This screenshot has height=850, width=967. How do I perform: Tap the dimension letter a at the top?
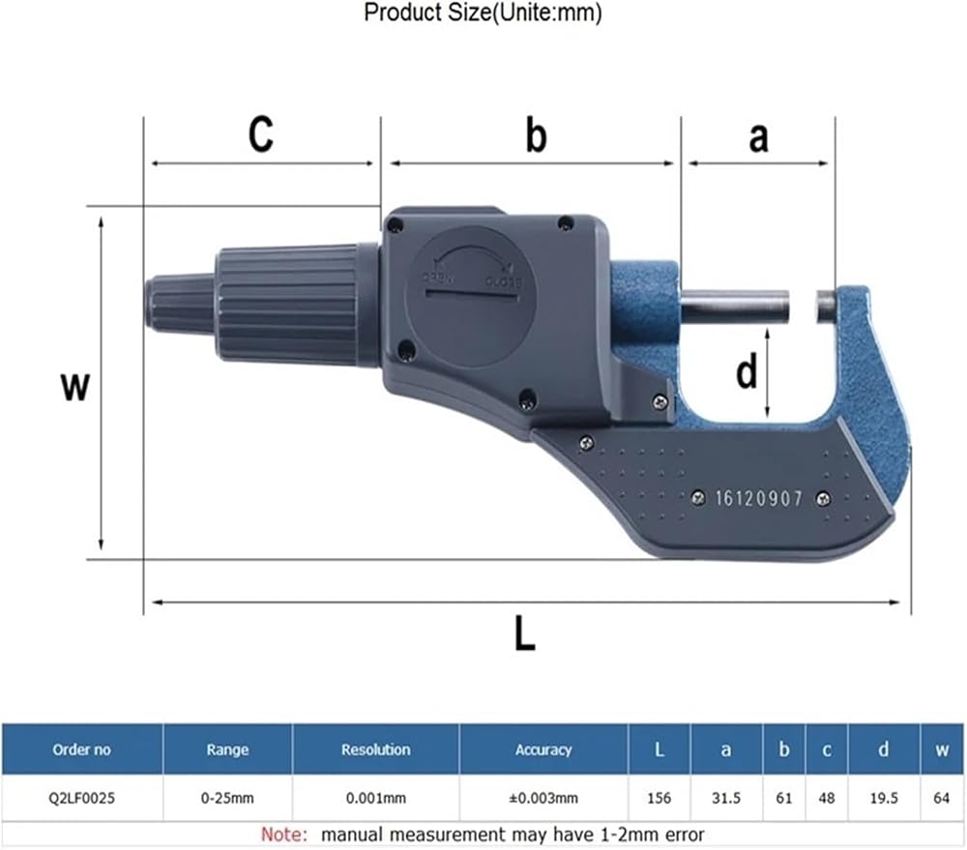(758, 137)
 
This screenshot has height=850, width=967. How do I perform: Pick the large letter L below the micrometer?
(525, 633)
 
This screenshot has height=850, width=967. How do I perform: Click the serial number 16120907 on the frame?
(758, 498)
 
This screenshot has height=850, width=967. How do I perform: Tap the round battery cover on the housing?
(470, 297)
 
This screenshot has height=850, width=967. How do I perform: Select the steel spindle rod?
(735, 305)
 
